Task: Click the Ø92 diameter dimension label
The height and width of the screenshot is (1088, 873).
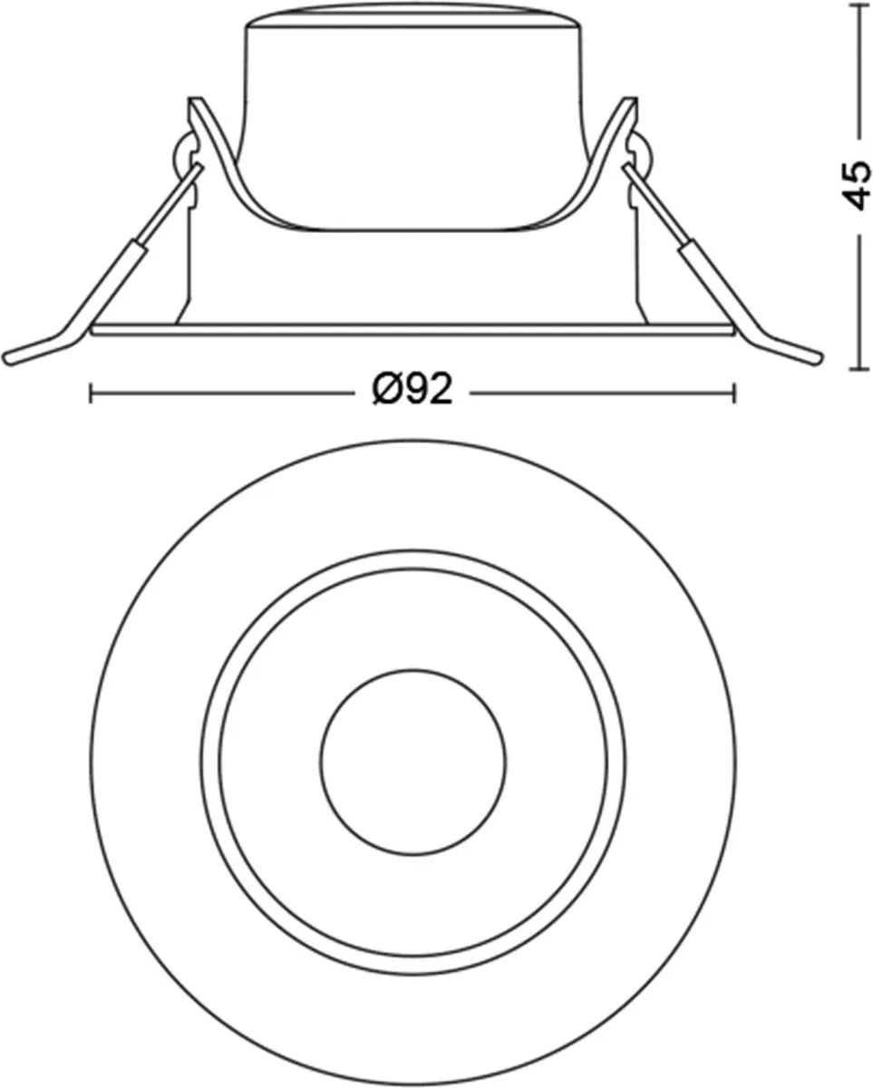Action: click(412, 389)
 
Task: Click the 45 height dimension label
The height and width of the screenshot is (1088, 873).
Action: click(858, 186)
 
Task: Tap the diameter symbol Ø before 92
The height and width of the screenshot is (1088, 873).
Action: click(387, 389)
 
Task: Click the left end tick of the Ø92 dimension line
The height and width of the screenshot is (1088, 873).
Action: click(91, 393)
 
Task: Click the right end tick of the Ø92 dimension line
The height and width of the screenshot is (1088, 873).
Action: click(734, 393)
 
